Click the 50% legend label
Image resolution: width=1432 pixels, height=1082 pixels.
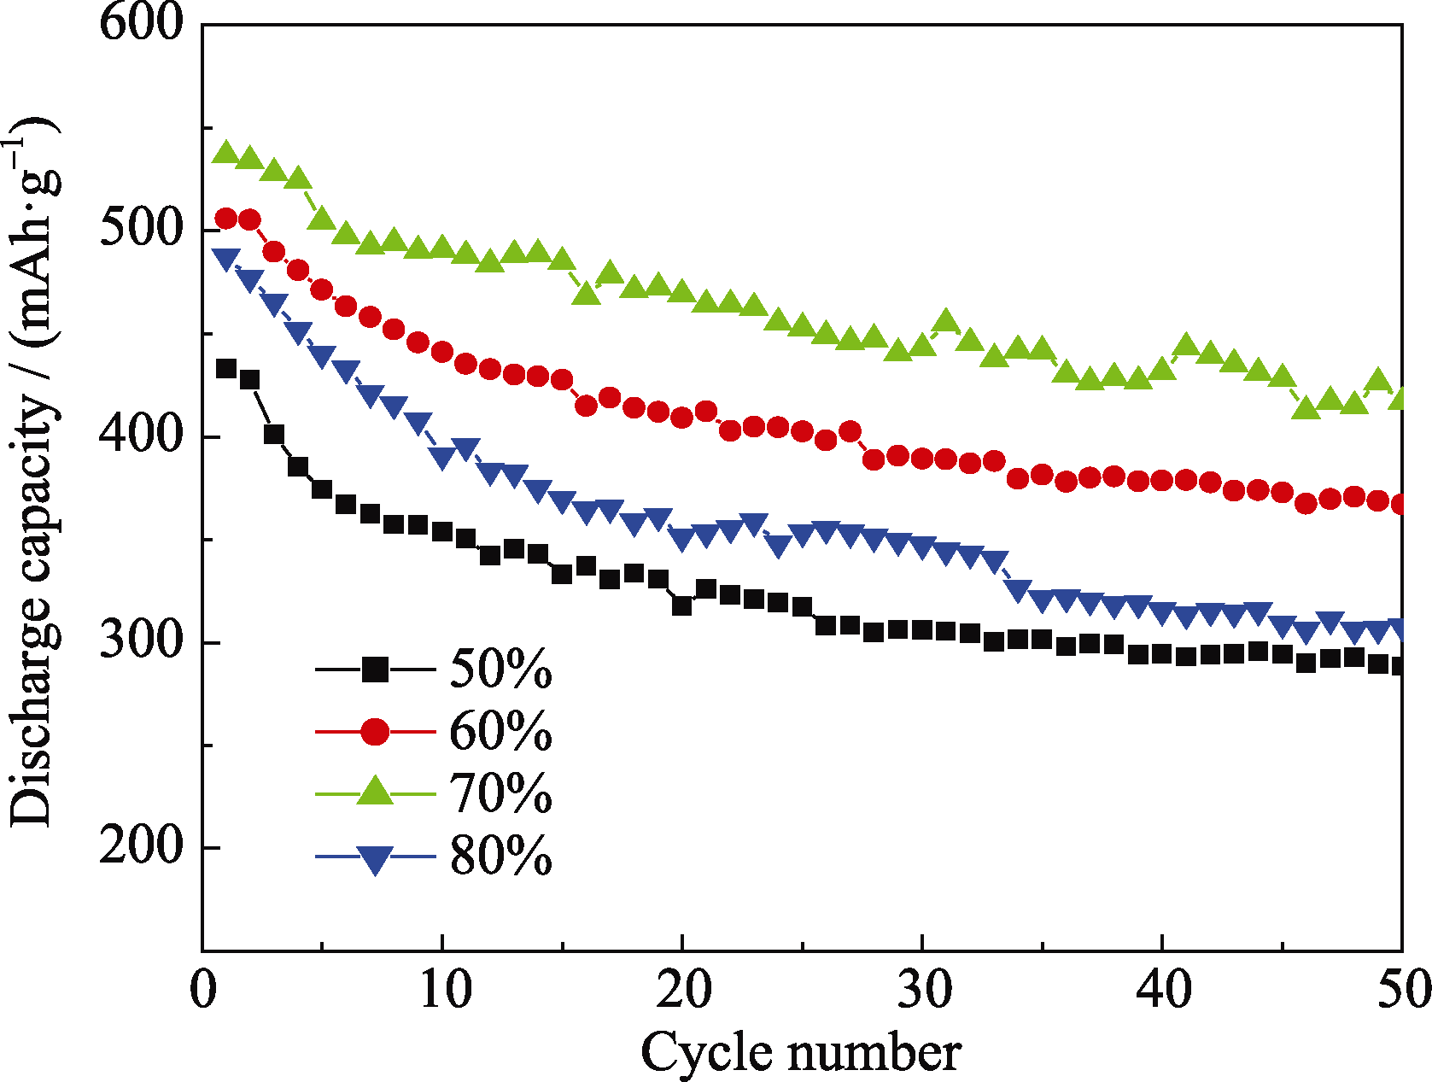(500, 669)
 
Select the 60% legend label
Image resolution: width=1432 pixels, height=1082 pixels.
(500, 732)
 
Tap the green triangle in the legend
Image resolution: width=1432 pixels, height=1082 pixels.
(374, 791)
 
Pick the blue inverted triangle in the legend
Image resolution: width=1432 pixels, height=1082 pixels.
(374, 858)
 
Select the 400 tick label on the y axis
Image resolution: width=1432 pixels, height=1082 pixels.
(142, 435)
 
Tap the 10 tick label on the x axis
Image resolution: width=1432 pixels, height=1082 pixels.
(444, 991)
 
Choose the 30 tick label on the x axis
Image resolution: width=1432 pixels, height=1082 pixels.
(924, 991)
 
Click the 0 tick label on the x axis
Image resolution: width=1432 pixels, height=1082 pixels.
(203, 991)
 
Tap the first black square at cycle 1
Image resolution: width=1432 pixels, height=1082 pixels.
(226, 369)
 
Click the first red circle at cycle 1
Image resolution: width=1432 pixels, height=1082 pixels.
(226, 219)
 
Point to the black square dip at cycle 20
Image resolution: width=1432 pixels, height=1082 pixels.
(682, 605)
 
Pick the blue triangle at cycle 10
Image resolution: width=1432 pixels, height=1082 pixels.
(442, 459)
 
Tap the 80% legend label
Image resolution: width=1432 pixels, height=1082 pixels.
(500, 857)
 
